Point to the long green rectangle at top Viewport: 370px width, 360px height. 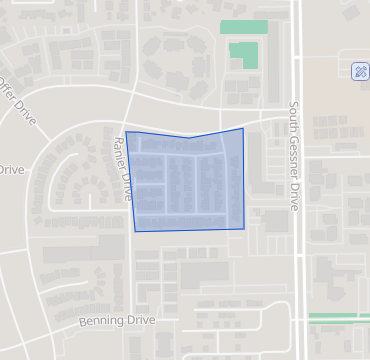tap(244, 27)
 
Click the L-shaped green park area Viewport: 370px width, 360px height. tap(243, 53)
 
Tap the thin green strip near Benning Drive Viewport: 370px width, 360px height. tap(338, 317)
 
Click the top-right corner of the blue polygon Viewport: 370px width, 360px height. tap(242, 128)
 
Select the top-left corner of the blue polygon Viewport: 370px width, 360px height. tap(126, 132)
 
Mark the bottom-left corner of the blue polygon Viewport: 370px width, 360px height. tap(135, 231)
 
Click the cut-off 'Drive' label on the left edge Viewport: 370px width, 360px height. tap(10, 170)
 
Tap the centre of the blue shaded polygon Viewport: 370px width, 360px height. tap(188, 182)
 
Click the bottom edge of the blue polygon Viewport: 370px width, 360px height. tap(190, 230)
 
